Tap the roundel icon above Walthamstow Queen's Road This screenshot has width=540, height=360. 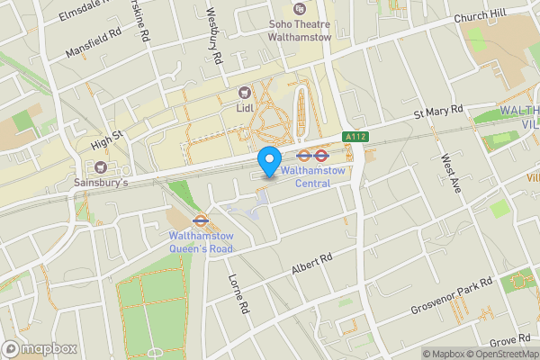point(201,218)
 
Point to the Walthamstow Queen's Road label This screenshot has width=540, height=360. point(201,243)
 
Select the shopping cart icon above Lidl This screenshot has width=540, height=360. point(244,92)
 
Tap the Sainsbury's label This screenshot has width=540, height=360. point(101,182)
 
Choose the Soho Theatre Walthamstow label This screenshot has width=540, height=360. point(301,31)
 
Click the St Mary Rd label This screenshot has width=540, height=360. point(437,112)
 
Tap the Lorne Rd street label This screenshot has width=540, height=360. point(238,293)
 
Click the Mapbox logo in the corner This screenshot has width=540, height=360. point(40,348)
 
